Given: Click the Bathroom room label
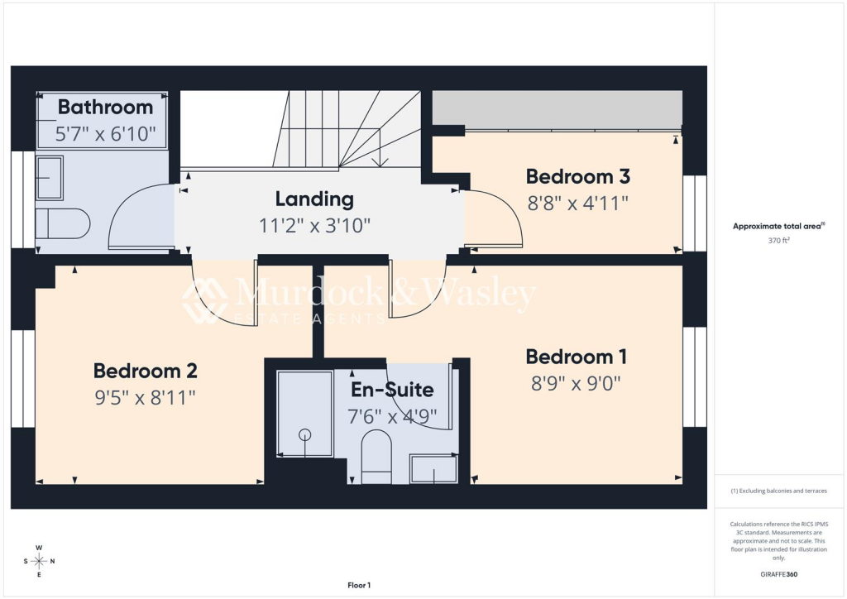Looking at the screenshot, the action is click(x=105, y=107).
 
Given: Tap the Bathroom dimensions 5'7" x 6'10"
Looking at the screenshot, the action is click(x=105, y=133).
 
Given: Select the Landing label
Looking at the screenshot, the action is click(x=314, y=199).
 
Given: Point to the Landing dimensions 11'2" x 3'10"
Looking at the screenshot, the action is click(x=314, y=225).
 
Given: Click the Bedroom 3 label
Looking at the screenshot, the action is click(x=578, y=176).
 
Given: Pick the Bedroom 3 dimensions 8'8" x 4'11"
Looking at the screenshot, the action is click(x=578, y=203).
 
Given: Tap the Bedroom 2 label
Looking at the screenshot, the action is click(x=145, y=371).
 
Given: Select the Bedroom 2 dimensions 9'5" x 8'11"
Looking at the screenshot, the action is click(x=145, y=397).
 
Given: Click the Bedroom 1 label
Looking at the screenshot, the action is click(x=576, y=357).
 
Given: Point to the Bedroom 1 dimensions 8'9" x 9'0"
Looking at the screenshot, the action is click(x=576, y=384).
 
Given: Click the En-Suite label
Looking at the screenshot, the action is click(x=392, y=390).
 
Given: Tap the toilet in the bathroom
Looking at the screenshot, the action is click(x=63, y=223).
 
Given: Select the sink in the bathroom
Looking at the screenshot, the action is click(x=50, y=178).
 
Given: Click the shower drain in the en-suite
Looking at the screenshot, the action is click(x=305, y=434).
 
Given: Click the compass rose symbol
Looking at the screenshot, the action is click(x=39, y=561).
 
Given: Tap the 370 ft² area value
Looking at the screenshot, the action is click(x=778, y=241).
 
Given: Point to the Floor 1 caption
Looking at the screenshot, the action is click(x=359, y=585).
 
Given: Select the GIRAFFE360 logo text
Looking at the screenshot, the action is click(x=778, y=574).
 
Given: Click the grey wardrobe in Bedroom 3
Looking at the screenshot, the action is click(x=557, y=110).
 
